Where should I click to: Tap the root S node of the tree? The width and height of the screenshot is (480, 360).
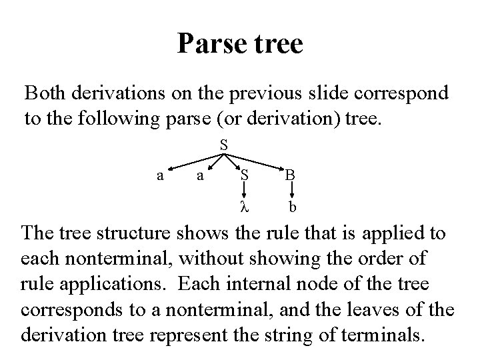224,145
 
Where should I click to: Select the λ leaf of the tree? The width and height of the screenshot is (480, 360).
244,206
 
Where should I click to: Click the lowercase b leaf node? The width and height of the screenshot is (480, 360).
292,206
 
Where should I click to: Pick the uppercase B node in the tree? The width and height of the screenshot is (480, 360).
291,176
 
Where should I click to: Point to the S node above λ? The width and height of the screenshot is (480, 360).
245,176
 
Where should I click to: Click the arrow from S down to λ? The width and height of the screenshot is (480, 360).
245,191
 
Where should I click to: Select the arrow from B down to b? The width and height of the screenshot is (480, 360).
291,191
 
